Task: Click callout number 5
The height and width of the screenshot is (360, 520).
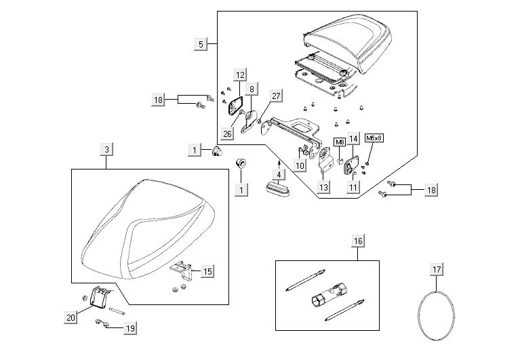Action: (200, 44)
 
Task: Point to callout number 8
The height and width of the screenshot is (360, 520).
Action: (251, 89)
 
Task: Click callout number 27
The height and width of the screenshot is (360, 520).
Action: (276, 96)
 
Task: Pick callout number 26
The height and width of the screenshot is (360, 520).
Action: (227, 134)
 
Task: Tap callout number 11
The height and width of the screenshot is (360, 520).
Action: (353, 188)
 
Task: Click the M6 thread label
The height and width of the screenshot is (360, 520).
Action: (340, 142)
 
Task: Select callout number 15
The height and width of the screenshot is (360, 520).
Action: (207, 271)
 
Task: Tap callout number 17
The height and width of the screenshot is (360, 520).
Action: (437, 270)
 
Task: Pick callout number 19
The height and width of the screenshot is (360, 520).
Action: (129, 329)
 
